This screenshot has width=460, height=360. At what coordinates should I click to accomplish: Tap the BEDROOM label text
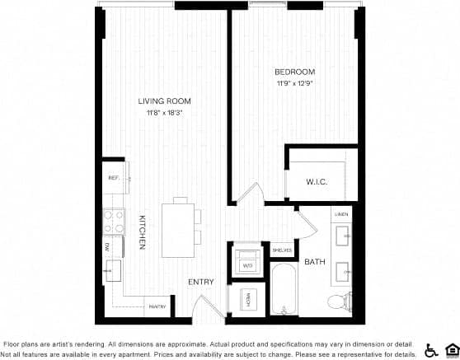[x=293, y=72]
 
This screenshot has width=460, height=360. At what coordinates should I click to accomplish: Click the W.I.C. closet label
[x=317, y=182]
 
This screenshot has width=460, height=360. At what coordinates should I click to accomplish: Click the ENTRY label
[x=201, y=282]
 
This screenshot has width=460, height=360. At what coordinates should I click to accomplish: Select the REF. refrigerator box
[x=114, y=178]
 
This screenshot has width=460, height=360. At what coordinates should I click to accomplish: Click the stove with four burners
[x=113, y=221]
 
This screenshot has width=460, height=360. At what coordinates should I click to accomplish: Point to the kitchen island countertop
[x=179, y=224]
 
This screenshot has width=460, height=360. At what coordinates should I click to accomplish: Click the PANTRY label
[x=157, y=307]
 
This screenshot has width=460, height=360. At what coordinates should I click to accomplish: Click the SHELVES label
[x=282, y=250]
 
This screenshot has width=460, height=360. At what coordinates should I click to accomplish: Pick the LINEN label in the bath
[x=341, y=214]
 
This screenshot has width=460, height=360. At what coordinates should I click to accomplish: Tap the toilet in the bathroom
[x=338, y=301]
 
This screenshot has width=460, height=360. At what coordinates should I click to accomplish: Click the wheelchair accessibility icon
[x=430, y=349]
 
